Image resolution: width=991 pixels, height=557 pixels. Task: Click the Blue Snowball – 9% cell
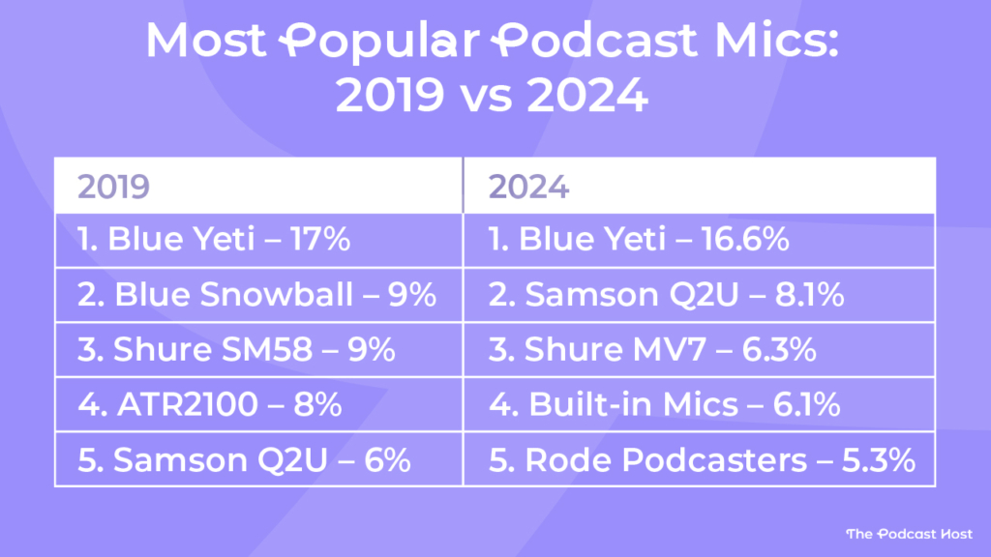(257, 295)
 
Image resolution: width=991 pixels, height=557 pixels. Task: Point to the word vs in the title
(495, 98)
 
